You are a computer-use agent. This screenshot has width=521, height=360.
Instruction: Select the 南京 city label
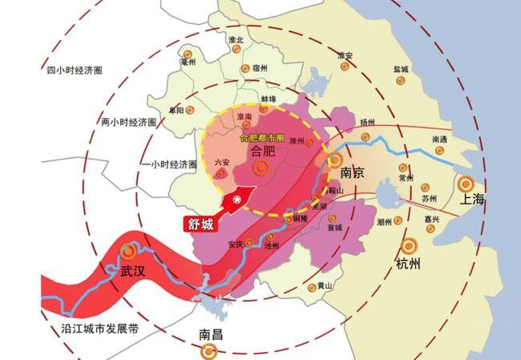(x=353, y=172)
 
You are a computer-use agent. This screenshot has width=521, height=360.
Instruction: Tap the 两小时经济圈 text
(x=129, y=122)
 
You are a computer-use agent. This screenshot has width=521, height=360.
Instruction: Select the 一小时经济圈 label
(x=168, y=164)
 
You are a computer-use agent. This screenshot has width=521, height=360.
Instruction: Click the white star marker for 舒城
(x=236, y=199)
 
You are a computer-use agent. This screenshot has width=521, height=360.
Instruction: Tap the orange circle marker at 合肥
(x=260, y=168)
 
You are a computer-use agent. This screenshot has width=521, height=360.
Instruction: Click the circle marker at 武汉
(x=127, y=252)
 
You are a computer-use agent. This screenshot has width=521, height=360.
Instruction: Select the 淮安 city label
(x=345, y=55)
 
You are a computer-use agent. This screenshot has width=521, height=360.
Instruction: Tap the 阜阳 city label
(x=176, y=109)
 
